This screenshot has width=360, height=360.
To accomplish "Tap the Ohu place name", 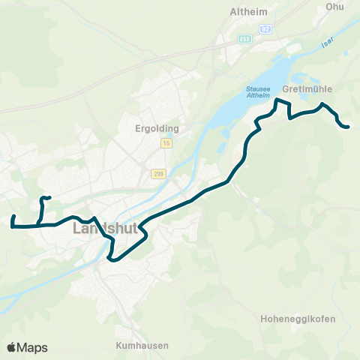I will tap(334, 7).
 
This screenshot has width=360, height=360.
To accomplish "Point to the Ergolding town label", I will tap(154, 127).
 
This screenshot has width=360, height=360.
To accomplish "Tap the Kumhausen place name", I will tap(141, 346).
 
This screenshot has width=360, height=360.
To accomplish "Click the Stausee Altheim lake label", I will tap(258, 91).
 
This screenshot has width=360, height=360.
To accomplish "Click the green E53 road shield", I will tap(244, 38).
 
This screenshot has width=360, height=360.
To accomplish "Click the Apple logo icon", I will tap(13, 347).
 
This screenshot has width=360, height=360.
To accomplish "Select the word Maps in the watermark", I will tap(34, 347).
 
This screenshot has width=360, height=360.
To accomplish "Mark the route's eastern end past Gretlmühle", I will tap(349, 127).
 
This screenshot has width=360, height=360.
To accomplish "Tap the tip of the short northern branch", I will tap(49, 198).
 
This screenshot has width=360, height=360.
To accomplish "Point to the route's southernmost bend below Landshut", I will tap(112, 259).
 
